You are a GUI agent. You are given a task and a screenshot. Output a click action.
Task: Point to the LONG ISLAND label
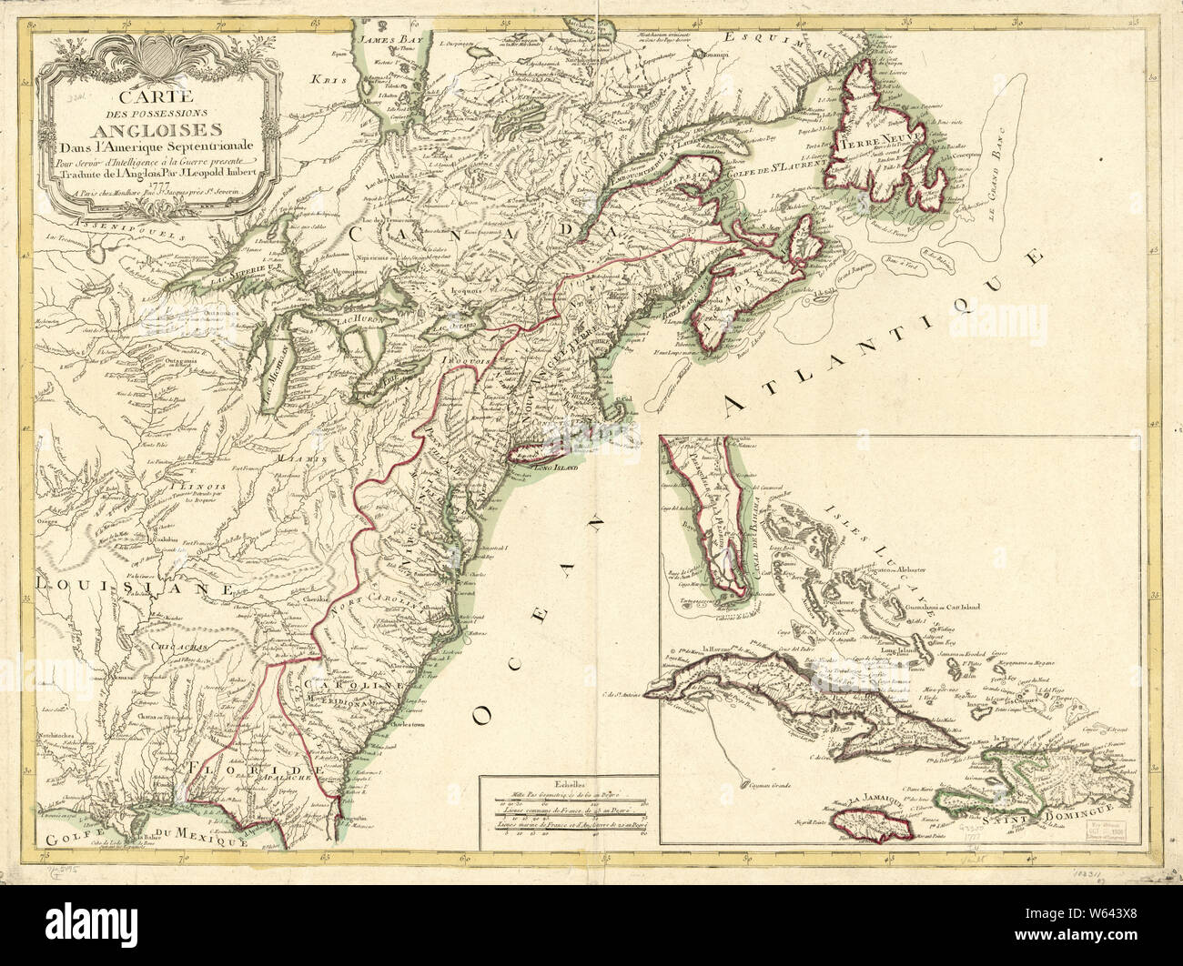pos(551,472)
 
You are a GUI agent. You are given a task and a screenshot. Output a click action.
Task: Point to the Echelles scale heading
pos(569,782)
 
